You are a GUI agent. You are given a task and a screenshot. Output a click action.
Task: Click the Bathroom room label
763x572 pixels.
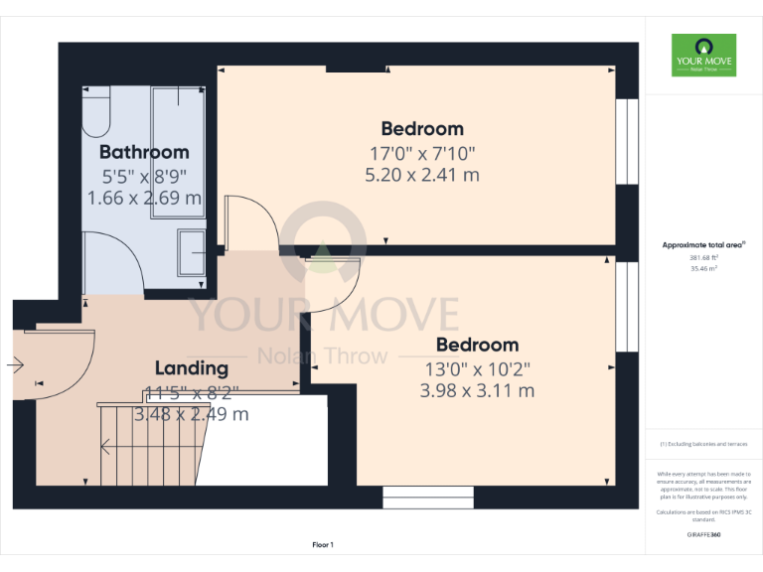click(x=144, y=152)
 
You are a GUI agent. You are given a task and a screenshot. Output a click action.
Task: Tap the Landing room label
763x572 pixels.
click(x=191, y=368)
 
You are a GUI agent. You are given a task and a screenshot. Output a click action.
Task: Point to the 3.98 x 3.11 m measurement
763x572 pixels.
click(x=477, y=391)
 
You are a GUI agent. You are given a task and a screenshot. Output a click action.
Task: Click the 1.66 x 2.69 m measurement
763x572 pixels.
click(x=145, y=199)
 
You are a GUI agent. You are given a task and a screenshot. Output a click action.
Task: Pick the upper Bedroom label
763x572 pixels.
click(x=422, y=128)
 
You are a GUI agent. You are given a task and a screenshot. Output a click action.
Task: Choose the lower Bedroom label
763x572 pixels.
click(x=477, y=345)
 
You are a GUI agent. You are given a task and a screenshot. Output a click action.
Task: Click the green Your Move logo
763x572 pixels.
click(x=703, y=55)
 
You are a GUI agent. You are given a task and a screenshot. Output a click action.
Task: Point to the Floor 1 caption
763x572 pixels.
click(x=323, y=545)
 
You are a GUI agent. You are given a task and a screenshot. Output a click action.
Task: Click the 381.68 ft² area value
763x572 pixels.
click(x=703, y=258)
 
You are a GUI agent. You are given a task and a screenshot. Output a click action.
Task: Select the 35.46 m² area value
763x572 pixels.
click(x=703, y=268)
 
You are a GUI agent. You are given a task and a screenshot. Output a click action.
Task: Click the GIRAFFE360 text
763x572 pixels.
click(x=703, y=534)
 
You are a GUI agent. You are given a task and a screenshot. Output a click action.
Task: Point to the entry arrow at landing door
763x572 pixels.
click(x=15, y=365)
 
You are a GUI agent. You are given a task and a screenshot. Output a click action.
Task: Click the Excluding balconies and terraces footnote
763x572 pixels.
click(x=703, y=444)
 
